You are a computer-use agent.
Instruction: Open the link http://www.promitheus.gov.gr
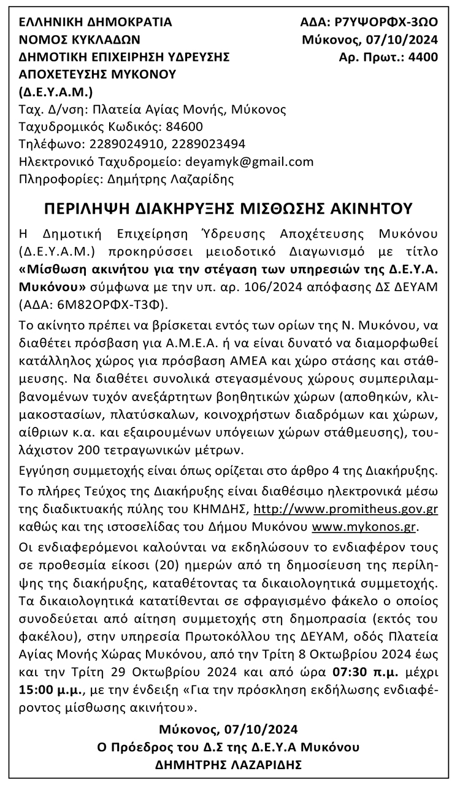pos(345,510)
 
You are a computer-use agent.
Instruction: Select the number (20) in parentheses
pos(189,563)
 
